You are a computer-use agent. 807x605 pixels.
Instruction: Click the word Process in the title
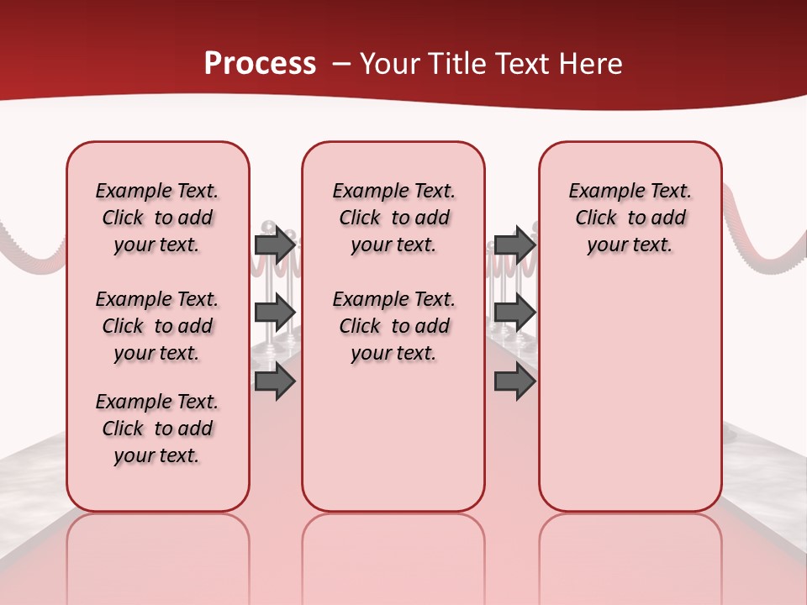click(260, 64)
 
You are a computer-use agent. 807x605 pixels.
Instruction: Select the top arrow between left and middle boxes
click(275, 245)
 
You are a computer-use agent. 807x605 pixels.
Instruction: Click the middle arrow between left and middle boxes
click(275, 313)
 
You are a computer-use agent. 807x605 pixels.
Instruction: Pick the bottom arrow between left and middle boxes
click(275, 381)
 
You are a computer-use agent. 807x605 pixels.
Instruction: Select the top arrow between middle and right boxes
click(514, 245)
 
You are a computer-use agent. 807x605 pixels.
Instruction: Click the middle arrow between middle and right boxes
click(514, 313)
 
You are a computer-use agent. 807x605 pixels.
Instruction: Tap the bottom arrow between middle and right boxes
click(514, 381)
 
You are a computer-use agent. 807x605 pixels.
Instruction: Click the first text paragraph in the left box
click(157, 218)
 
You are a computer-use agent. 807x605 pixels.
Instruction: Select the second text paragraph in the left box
click(157, 326)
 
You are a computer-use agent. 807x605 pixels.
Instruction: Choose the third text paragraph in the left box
click(157, 429)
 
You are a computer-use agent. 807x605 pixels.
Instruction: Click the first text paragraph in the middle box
click(393, 218)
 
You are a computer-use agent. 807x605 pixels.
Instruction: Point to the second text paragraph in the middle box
click(393, 326)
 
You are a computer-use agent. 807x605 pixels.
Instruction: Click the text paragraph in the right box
click(630, 218)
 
